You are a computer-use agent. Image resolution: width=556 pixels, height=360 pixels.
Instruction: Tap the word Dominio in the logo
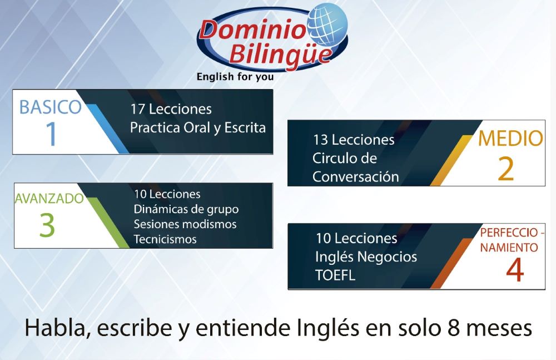point(252,29)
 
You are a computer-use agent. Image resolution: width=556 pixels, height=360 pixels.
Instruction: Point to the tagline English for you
point(235,77)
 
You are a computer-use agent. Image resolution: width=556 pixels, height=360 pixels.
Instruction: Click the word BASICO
point(51,107)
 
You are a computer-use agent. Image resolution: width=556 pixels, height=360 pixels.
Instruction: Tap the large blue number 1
point(51,134)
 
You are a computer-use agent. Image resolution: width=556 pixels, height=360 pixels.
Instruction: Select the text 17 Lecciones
point(171,109)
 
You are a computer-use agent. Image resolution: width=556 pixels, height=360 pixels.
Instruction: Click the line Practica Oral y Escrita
point(198,128)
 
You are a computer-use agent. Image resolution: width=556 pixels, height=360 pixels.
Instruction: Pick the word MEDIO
point(510,138)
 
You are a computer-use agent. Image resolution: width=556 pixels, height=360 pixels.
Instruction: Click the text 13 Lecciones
point(354,140)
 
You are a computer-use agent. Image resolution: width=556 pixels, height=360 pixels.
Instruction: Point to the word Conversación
point(356,176)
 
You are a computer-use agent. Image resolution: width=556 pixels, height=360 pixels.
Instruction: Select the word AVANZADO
point(49,199)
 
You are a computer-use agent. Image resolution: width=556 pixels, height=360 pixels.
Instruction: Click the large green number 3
point(47,225)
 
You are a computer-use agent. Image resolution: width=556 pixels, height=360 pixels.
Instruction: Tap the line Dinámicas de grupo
point(186,209)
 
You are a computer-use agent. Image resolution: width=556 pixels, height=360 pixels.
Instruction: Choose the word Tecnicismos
point(165,239)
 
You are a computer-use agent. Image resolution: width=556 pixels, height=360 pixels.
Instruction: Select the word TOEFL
point(335,275)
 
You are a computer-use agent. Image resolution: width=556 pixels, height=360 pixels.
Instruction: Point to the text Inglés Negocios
point(366,257)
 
